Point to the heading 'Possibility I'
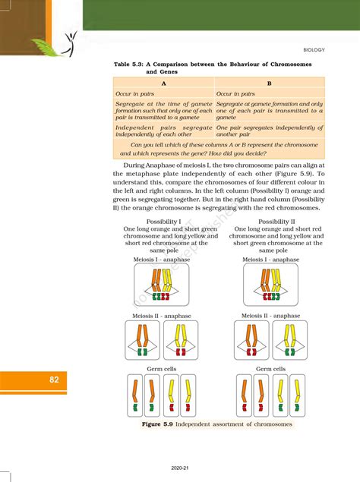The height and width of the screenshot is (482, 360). (163, 220)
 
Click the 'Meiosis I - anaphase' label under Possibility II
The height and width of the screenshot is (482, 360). (271, 260)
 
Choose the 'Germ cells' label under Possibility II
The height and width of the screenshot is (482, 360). (271, 369)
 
